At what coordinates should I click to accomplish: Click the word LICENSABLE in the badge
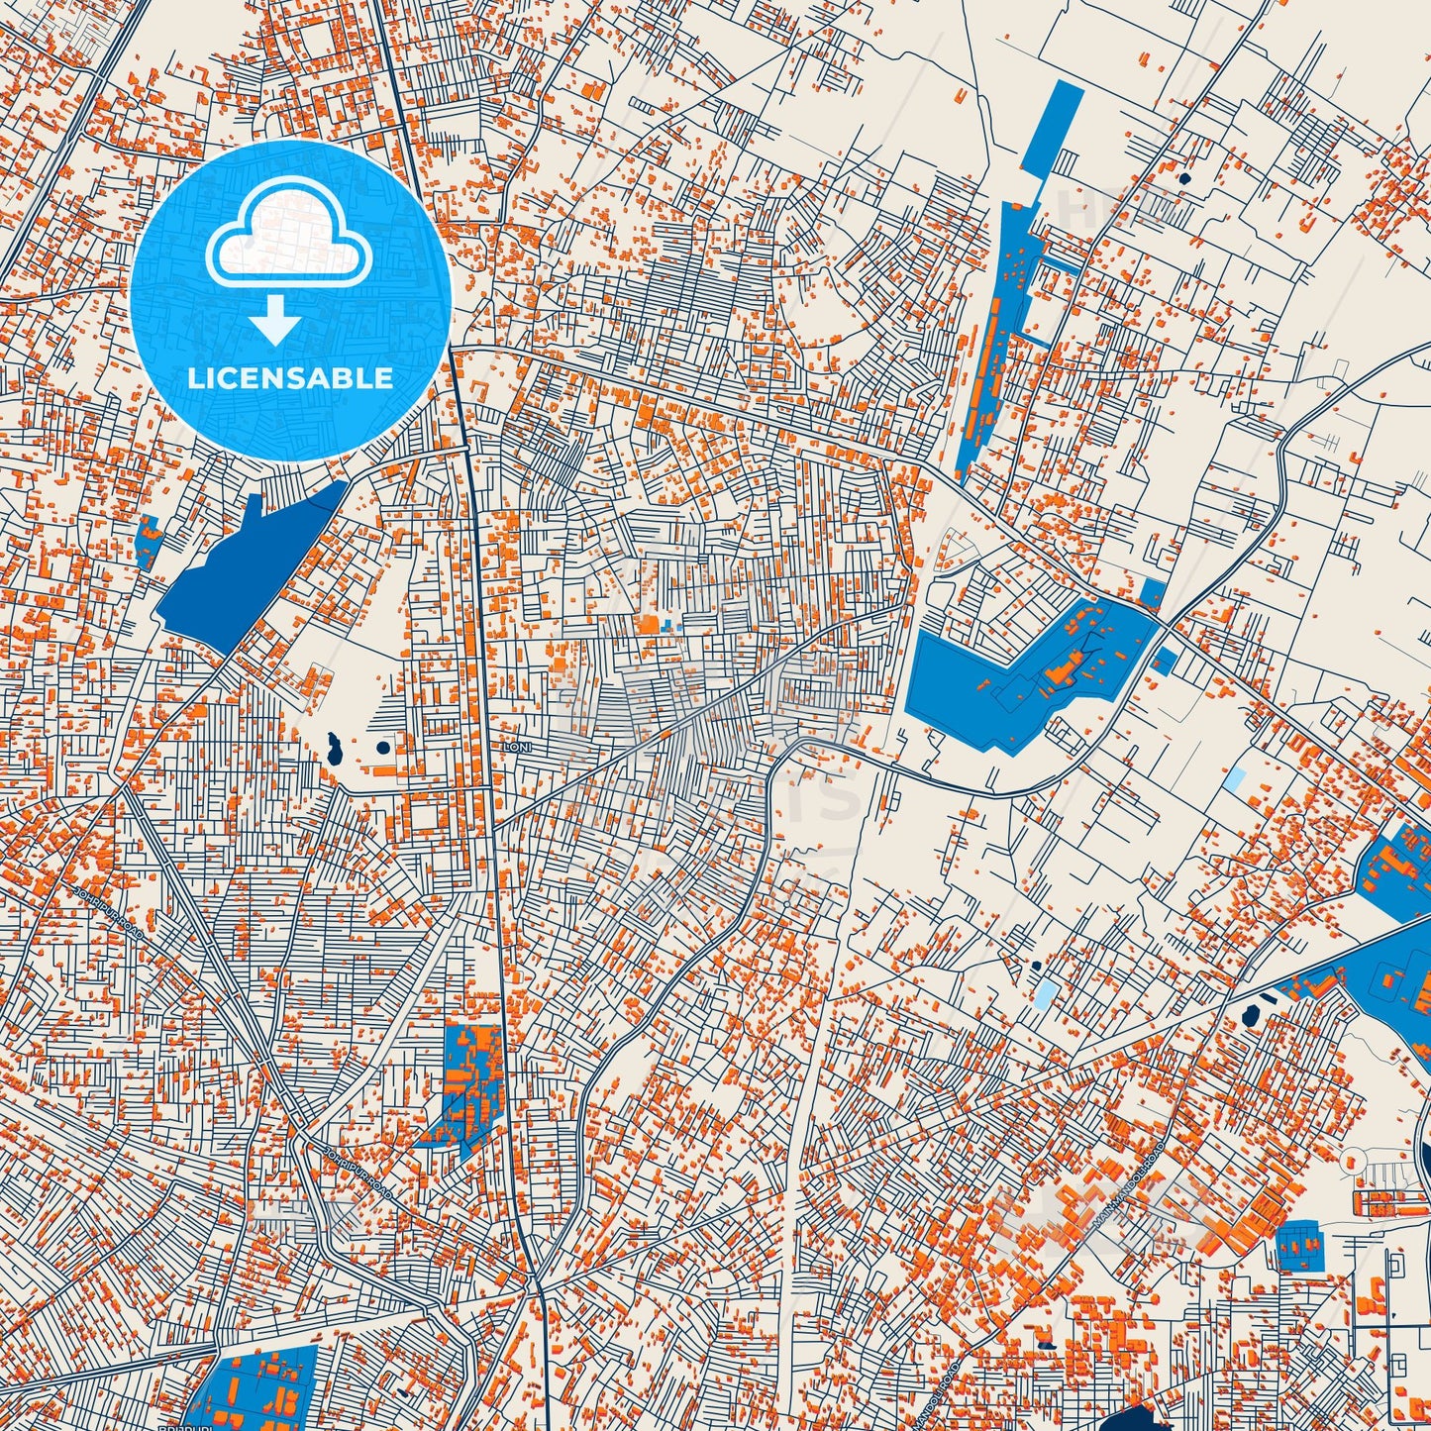pos(290,378)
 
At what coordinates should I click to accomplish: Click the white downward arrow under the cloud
pos(277,322)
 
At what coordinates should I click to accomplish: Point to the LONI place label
pos(516,748)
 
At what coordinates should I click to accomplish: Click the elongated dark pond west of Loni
pos(333,750)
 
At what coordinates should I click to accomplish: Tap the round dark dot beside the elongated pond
pos(383,748)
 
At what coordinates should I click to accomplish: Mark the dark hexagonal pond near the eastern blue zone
pos(1250,1015)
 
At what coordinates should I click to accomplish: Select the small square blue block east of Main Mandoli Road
pos(1299,1247)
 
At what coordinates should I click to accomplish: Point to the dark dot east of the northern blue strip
pos(1185,179)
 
